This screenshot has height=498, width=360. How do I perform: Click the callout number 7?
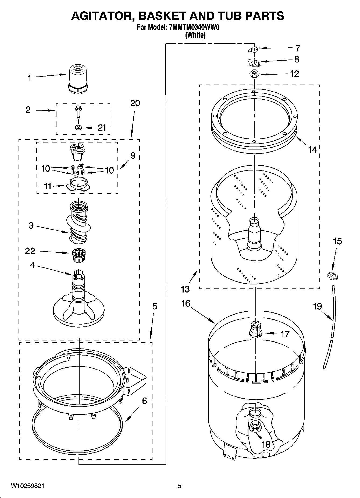tap(297, 48)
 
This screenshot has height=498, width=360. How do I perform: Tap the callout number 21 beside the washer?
tap(102, 128)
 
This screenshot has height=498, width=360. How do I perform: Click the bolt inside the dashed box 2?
tap(78, 112)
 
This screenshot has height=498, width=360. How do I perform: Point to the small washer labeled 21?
tap(78, 127)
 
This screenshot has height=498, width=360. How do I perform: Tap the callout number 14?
tap(312, 150)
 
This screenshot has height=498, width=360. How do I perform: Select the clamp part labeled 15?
tap(332, 276)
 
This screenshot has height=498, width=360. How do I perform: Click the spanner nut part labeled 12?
tap(253, 74)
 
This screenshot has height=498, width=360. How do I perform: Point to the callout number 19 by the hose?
tap(317, 306)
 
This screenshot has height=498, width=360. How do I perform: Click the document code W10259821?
tap(28, 486)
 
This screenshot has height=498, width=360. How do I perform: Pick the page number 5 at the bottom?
tap(180, 486)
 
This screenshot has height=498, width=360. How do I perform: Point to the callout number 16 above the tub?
tap(186, 304)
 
